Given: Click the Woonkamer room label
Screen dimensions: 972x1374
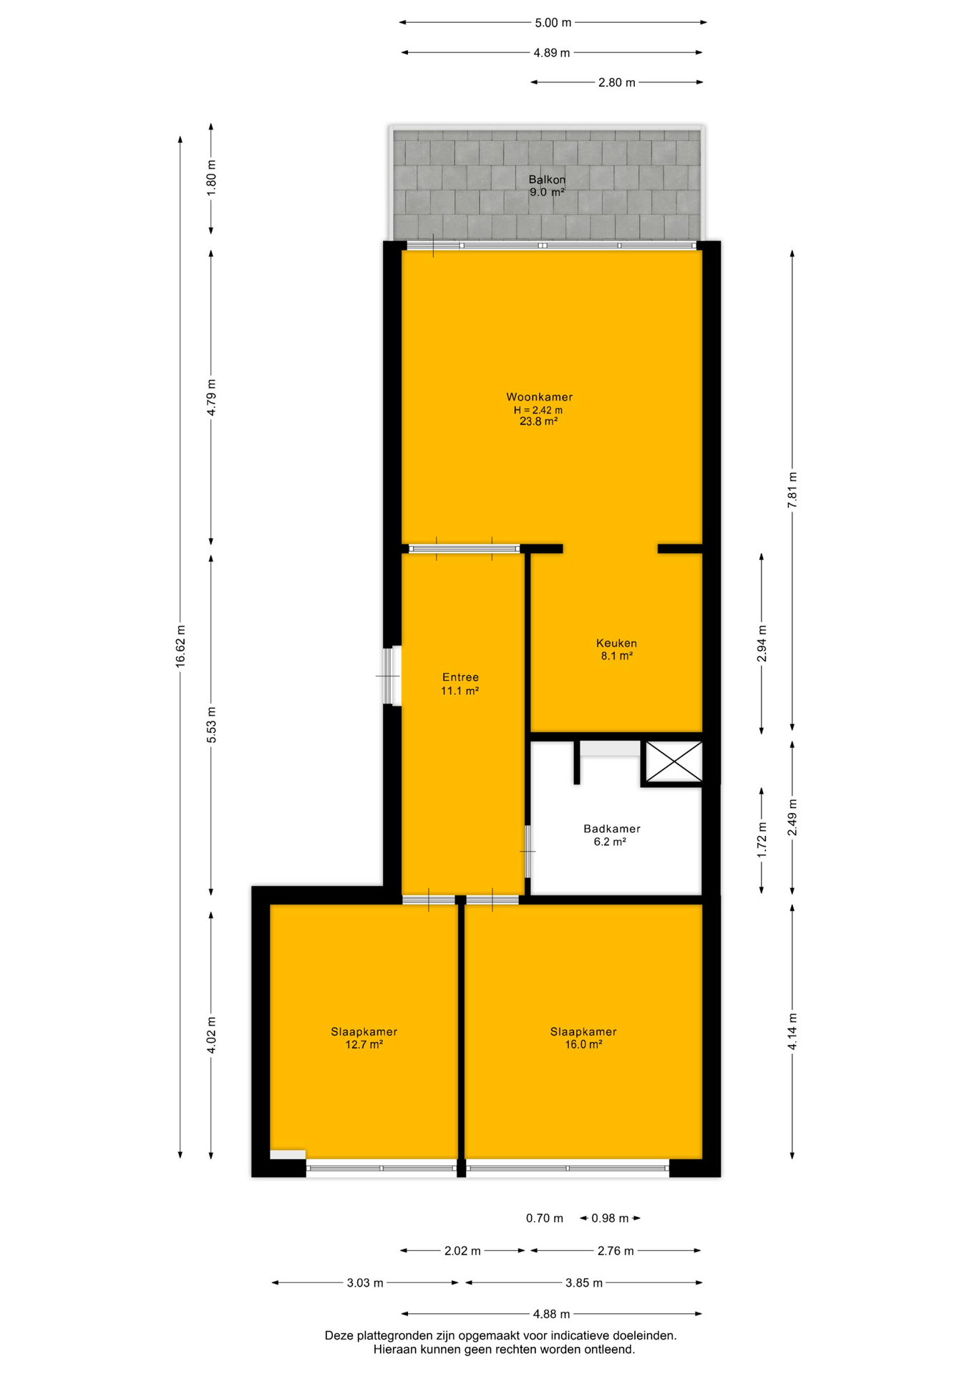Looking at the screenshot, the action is tap(539, 397).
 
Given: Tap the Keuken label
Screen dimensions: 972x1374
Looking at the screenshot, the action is tap(616, 643).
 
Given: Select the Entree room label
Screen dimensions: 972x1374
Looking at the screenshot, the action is tap(460, 677).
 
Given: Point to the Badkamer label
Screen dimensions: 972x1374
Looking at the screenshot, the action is tap(611, 829).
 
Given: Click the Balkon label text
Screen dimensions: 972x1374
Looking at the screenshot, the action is tap(547, 180).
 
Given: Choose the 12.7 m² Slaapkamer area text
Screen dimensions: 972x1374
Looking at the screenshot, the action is tap(364, 1044).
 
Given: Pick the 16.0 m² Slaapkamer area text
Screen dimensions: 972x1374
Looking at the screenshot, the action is tap(583, 1044).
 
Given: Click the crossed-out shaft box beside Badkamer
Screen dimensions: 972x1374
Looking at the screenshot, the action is tap(674, 761).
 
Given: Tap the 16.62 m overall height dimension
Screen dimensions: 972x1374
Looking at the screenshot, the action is tap(180, 647).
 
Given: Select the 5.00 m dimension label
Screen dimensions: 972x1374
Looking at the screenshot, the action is tap(553, 23).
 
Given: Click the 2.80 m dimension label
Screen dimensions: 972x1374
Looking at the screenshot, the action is tap(616, 82).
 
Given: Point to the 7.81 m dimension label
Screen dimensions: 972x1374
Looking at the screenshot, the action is tap(792, 490).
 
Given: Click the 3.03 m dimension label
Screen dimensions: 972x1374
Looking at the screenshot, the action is tap(365, 1283).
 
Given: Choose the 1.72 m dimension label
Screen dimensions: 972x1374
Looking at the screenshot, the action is tap(762, 840).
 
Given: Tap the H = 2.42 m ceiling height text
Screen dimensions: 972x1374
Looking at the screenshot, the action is tap(538, 410).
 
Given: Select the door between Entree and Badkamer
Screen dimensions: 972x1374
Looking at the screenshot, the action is tap(528, 852).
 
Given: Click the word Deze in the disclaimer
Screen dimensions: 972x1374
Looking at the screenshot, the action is tap(339, 1335).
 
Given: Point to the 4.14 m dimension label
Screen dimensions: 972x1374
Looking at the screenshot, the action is tap(792, 1032).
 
